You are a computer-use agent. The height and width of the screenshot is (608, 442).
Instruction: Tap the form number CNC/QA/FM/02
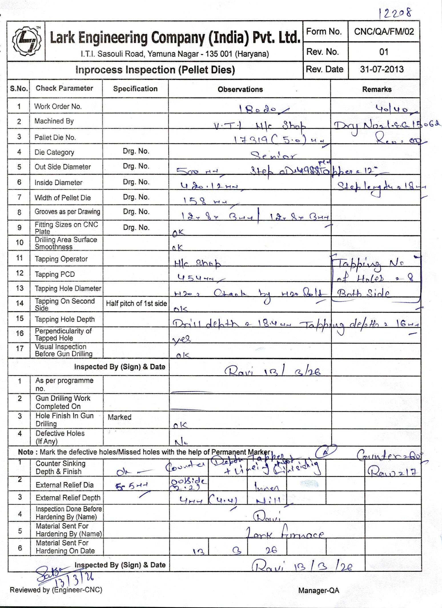(384, 31)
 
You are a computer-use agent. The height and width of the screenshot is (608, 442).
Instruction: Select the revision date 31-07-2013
(382, 69)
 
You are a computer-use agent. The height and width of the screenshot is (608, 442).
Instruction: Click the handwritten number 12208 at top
(395, 13)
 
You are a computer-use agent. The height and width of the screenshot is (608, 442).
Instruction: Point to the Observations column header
(240, 90)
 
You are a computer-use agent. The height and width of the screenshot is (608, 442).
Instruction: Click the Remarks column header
(377, 90)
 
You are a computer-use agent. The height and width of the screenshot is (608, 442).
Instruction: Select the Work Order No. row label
(58, 106)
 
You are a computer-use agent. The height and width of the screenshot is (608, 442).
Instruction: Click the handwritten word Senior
(274, 156)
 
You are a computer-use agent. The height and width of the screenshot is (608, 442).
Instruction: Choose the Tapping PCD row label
(55, 274)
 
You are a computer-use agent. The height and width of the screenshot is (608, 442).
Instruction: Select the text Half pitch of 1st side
(136, 303)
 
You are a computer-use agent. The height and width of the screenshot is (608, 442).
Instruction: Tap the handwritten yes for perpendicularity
(182, 339)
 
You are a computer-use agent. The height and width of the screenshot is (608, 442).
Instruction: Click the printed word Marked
(119, 417)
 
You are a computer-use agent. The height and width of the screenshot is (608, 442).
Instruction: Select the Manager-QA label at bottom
(319, 590)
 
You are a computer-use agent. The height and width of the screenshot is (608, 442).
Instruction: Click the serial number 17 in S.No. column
(19, 348)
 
